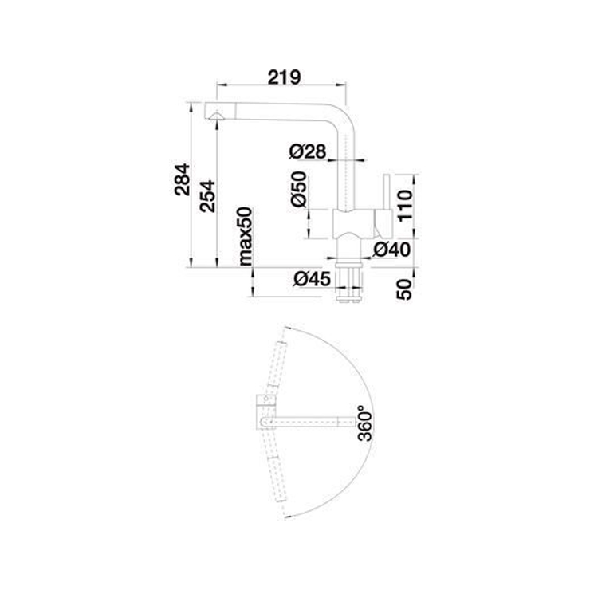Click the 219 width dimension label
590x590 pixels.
284,77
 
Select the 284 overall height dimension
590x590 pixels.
183,179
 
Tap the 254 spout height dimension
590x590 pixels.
208,196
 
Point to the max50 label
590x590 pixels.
246,236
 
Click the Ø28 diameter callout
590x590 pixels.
308,151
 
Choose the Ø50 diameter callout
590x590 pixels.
299,189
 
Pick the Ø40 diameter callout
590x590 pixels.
391,249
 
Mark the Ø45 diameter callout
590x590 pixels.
312,279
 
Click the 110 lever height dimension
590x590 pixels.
405,206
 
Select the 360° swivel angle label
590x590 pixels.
365,423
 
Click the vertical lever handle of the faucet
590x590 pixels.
387,191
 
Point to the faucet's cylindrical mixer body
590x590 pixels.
354,223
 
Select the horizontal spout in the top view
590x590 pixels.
309,422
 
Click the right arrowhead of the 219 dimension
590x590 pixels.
342,85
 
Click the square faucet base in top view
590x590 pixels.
267,412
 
